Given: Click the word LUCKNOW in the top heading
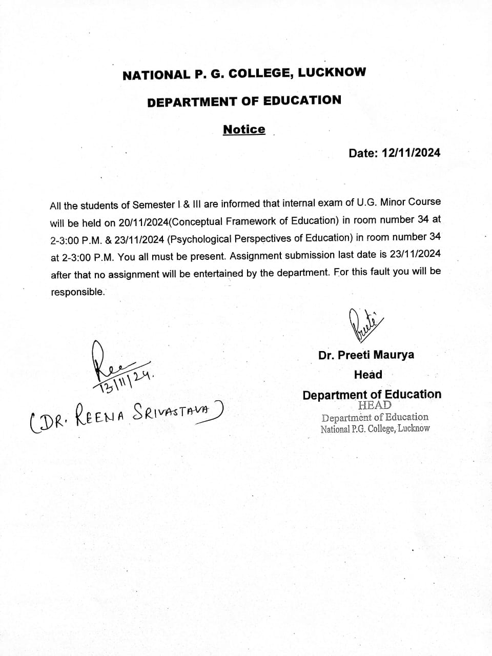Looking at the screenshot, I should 332,72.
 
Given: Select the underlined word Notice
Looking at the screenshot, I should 244,129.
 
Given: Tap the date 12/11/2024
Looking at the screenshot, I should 410,153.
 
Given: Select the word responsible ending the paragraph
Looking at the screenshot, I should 77,292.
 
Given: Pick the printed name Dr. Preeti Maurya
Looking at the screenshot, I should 366,355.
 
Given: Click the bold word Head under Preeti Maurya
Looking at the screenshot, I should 368,375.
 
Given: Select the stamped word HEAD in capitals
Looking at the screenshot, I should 375,405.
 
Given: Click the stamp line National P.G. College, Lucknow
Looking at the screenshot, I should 375,429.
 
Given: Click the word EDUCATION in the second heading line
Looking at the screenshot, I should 302,100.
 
